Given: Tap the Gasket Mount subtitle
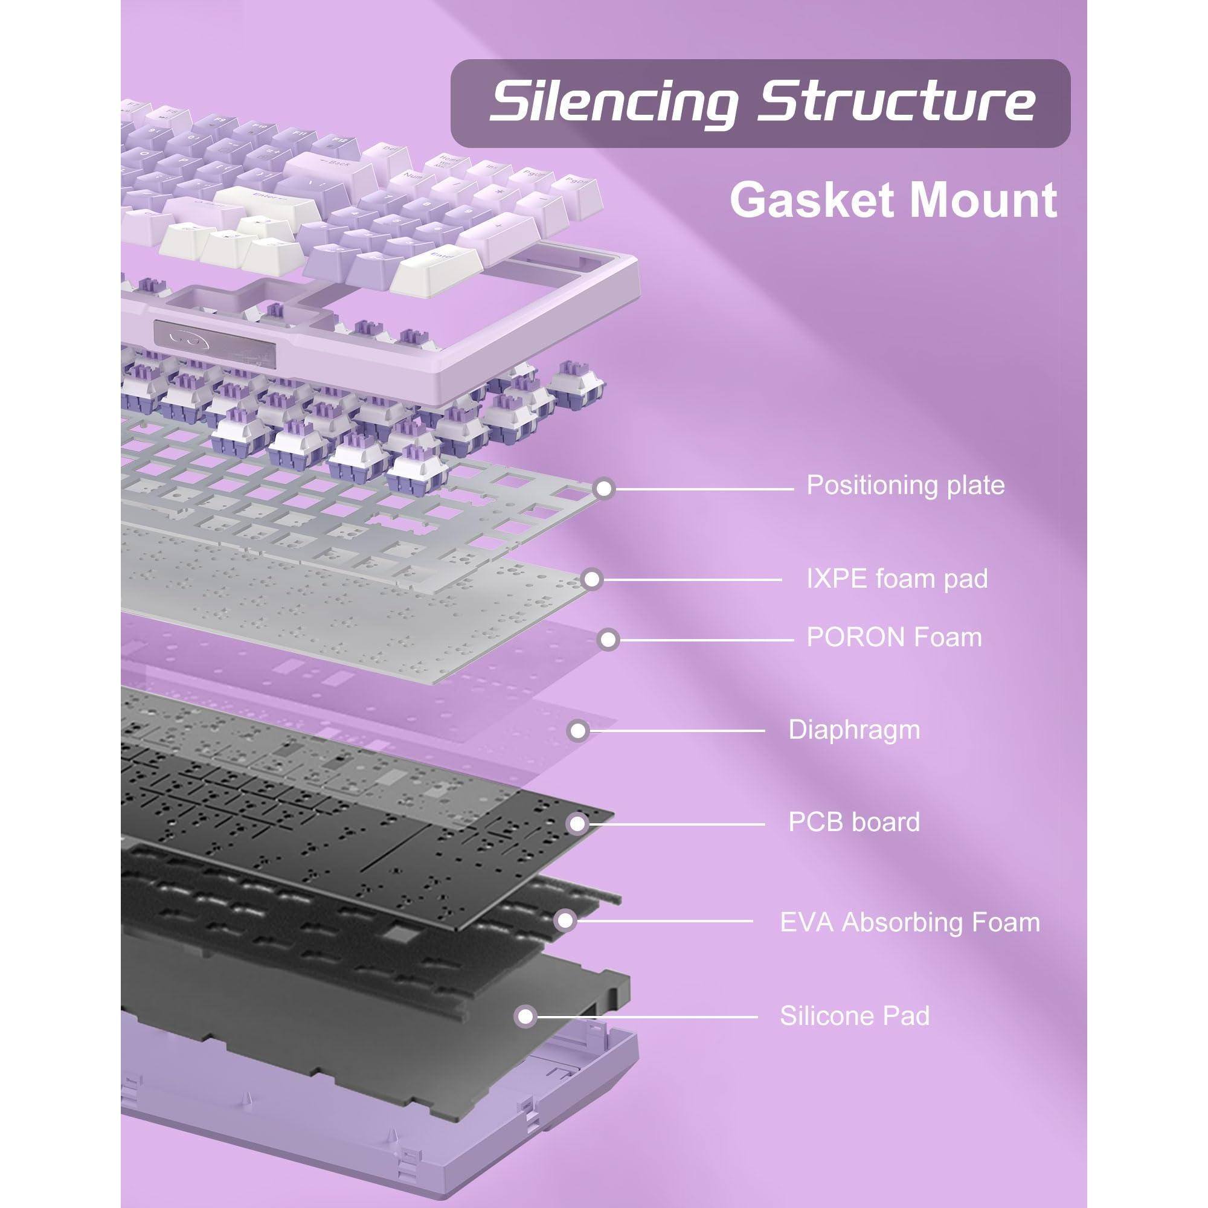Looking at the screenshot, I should (893, 201).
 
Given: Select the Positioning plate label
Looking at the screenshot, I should (905, 485).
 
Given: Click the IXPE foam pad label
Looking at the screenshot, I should (896, 579).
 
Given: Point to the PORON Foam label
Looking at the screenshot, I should (894, 638).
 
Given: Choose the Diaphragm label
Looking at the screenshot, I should (854, 730).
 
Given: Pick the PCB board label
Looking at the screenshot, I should (854, 821).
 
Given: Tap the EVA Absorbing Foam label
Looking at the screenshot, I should (910, 922).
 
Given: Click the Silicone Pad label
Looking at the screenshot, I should (854, 1016).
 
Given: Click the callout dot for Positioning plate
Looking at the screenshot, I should (604, 488).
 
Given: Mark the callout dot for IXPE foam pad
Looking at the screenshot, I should (591, 580).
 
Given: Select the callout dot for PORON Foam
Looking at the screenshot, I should (608, 639).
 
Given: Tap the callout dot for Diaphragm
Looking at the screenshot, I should (579, 730).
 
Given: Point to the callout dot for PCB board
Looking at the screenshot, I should (577, 823).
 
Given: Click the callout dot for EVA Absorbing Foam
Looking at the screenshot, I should (565, 920).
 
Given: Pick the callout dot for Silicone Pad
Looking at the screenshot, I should (526, 1017).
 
